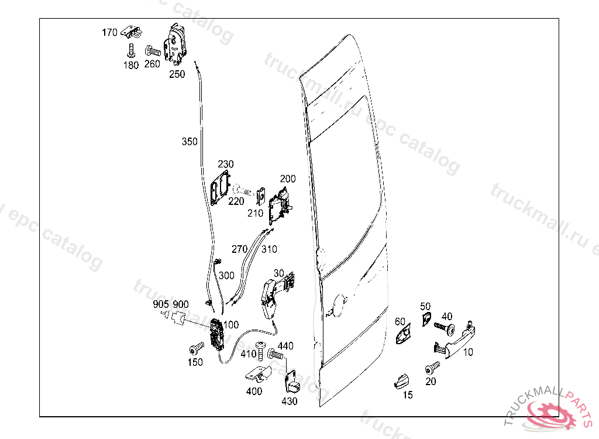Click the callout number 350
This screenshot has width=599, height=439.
click(x=190, y=142)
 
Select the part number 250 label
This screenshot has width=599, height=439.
click(x=177, y=74)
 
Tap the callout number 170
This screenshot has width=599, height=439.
click(x=110, y=33)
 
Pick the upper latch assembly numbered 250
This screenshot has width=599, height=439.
click(x=177, y=44)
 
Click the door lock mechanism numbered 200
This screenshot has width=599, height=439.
click(x=279, y=205)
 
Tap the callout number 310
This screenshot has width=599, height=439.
click(x=269, y=249)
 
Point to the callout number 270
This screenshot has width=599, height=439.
click(x=239, y=249)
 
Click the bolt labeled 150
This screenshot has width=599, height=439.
click(x=195, y=349)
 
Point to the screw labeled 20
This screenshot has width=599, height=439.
click(x=432, y=368)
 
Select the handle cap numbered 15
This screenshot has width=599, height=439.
click(x=401, y=380)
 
